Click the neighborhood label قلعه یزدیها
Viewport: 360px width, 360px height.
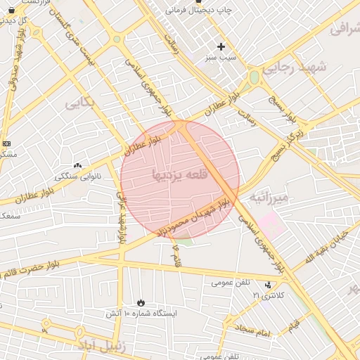click(x=179, y=174)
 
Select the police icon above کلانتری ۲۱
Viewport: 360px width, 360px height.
click(x=267, y=285)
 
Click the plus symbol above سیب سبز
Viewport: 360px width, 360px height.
click(x=221, y=46)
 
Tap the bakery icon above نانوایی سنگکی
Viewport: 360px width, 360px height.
click(x=77, y=166)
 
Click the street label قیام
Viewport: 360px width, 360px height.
click(x=292, y=325)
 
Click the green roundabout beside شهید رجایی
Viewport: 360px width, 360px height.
click(x=254, y=77)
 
